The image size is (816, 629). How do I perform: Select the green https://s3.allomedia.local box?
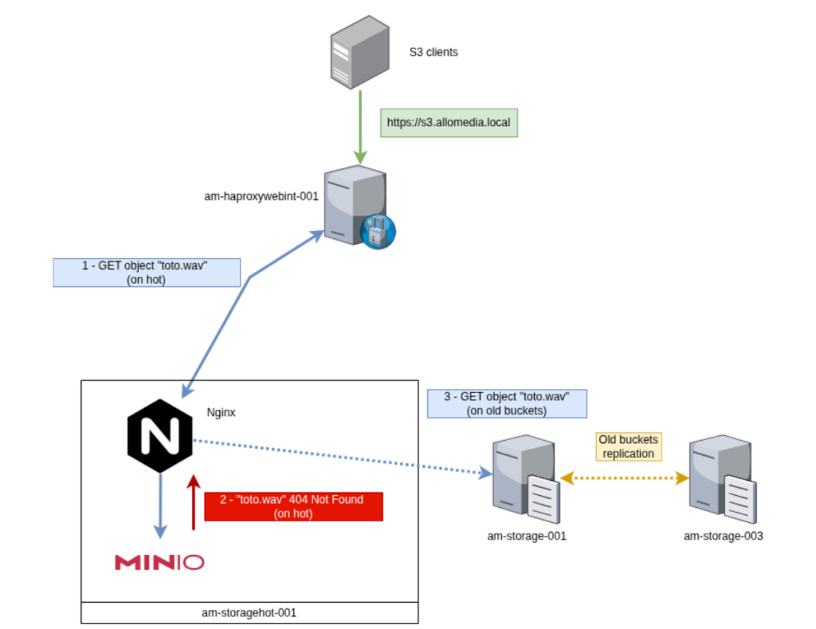click(x=449, y=123)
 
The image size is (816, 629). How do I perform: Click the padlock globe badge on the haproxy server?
click(x=378, y=231)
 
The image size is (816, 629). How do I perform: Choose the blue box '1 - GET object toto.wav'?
click(x=146, y=273)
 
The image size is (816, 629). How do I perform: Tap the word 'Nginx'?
click(x=222, y=413)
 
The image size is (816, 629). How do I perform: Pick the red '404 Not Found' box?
click(x=293, y=506)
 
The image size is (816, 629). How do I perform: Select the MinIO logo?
click(x=159, y=563)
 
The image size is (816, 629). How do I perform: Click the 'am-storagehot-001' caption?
click(x=249, y=613)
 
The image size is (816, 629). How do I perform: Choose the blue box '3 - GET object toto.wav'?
click(x=507, y=403)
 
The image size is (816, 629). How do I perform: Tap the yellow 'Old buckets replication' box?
click(x=628, y=446)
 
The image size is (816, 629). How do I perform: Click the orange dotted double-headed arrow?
click(x=624, y=478)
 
